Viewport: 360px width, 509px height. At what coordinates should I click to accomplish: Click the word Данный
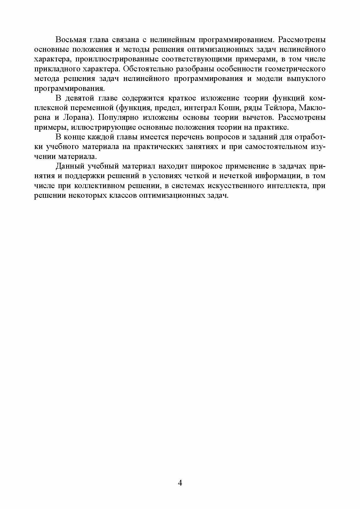tap(69, 167)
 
